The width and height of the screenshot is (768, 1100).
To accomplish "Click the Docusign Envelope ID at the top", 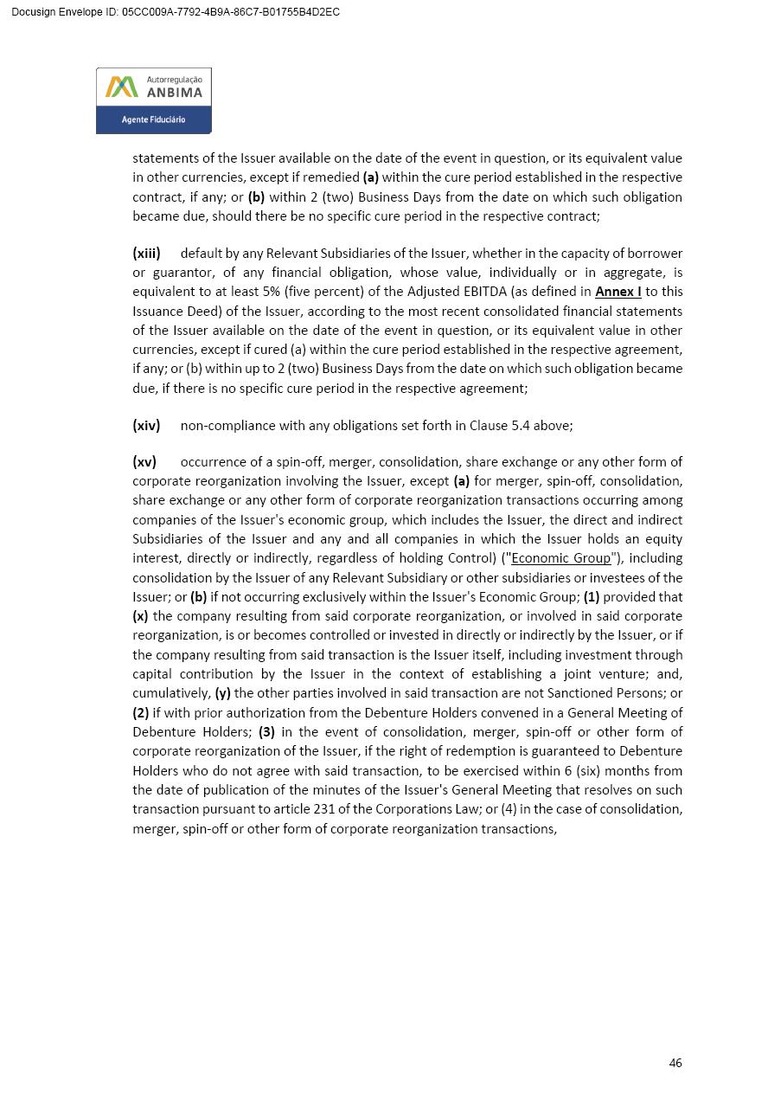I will point(176,12).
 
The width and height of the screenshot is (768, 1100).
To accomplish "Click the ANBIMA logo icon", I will point(122,87).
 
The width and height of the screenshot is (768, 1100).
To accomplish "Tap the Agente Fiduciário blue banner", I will point(153,119).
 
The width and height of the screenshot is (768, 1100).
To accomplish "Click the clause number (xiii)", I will point(146,254).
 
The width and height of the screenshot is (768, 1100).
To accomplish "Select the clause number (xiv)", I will point(146,425).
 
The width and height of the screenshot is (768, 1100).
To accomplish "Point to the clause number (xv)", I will point(144,461).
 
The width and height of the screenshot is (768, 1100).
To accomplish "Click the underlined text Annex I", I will point(618,292).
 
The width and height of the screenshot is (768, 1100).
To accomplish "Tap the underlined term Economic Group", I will point(560,558).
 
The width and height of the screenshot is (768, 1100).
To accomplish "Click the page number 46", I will point(675,1063).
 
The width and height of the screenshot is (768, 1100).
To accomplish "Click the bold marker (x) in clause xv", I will point(140,616).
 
